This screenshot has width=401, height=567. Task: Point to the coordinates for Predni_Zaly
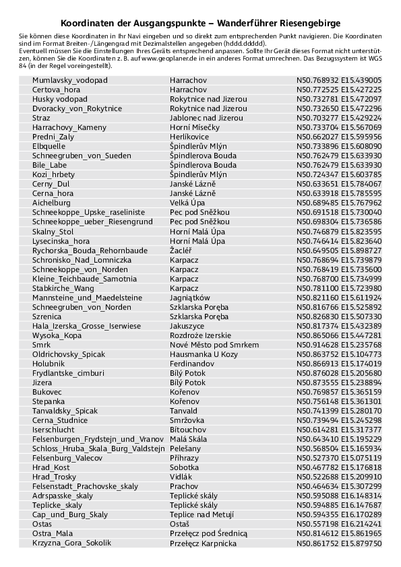339,136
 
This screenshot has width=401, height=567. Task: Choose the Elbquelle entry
49,145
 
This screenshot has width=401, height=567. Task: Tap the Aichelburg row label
51,202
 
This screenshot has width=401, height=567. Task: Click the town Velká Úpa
188,202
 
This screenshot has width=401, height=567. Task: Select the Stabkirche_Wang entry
63,288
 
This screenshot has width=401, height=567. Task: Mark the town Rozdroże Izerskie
200,335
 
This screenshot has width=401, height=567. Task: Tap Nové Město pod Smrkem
214,344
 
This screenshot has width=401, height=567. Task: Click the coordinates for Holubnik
339,363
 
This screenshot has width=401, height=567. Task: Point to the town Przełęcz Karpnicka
206,542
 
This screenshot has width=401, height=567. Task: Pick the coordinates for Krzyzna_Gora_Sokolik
339,542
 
